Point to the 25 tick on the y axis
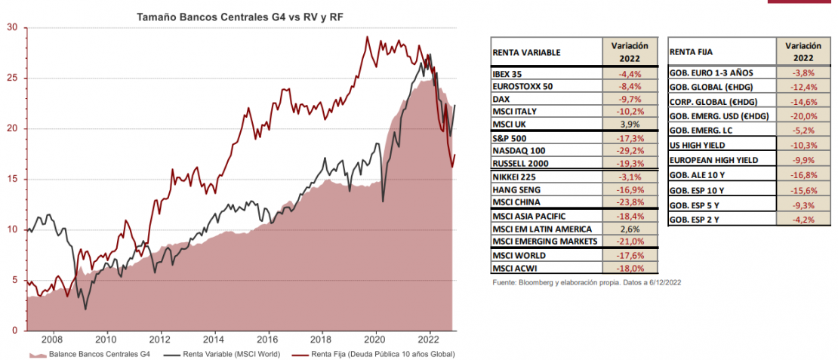pyautogui.click(x=12, y=78)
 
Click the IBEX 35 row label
pyautogui.click(x=509, y=74)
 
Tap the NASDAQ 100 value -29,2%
pyautogui.click(x=630, y=150)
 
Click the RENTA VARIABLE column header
pyautogui.click(x=526, y=53)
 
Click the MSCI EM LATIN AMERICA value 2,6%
pyautogui.click(x=630, y=229)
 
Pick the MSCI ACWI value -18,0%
pyautogui.click(x=630, y=268)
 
